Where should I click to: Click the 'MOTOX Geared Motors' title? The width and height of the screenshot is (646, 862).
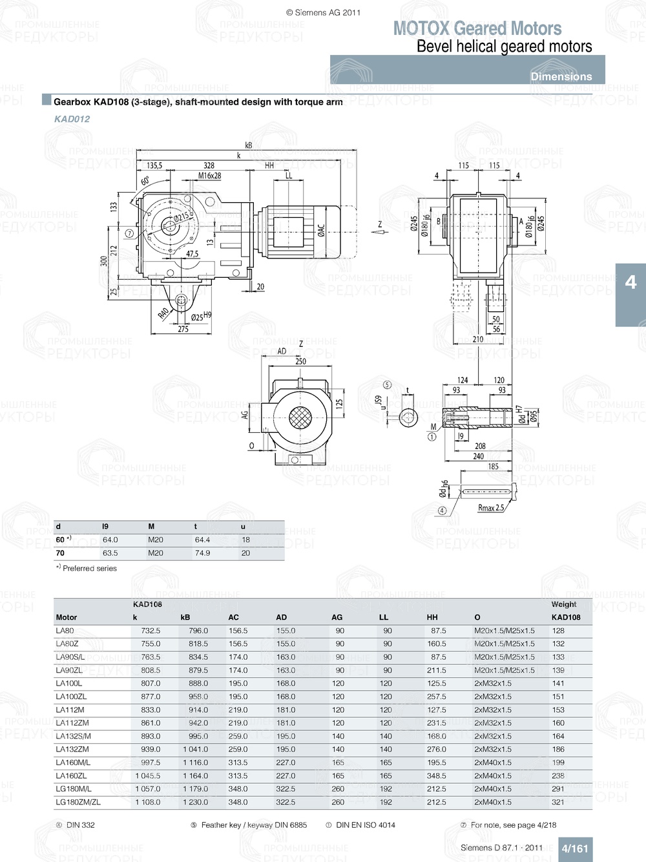(x=477, y=28)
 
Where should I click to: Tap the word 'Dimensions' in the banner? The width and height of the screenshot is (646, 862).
(x=561, y=76)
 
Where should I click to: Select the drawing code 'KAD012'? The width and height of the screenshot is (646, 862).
(x=72, y=119)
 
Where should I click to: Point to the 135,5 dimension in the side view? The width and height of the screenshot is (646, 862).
(x=154, y=165)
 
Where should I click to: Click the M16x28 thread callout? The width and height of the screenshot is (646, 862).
(x=209, y=176)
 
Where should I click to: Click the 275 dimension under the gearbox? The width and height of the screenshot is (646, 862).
(x=183, y=329)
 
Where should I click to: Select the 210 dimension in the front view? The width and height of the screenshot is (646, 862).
(x=478, y=339)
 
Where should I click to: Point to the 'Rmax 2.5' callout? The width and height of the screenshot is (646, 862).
(x=491, y=508)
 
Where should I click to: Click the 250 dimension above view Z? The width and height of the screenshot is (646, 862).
(x=301, y=361)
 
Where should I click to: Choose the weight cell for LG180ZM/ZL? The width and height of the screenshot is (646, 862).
(x=558, y=802)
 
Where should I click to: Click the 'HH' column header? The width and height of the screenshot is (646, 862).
(x=432, y=617)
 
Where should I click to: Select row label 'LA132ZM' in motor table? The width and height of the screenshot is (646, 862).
(x=72, y=750)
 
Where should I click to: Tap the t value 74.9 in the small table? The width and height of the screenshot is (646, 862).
(x=202, y=553)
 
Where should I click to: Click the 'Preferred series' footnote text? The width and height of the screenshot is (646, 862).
(x=90, y=569)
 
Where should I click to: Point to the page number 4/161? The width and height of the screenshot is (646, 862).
(x=574, y=848)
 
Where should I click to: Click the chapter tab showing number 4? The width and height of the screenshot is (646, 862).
(x=630, y=282)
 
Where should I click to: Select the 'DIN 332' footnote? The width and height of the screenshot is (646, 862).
(x=80, y=825)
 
